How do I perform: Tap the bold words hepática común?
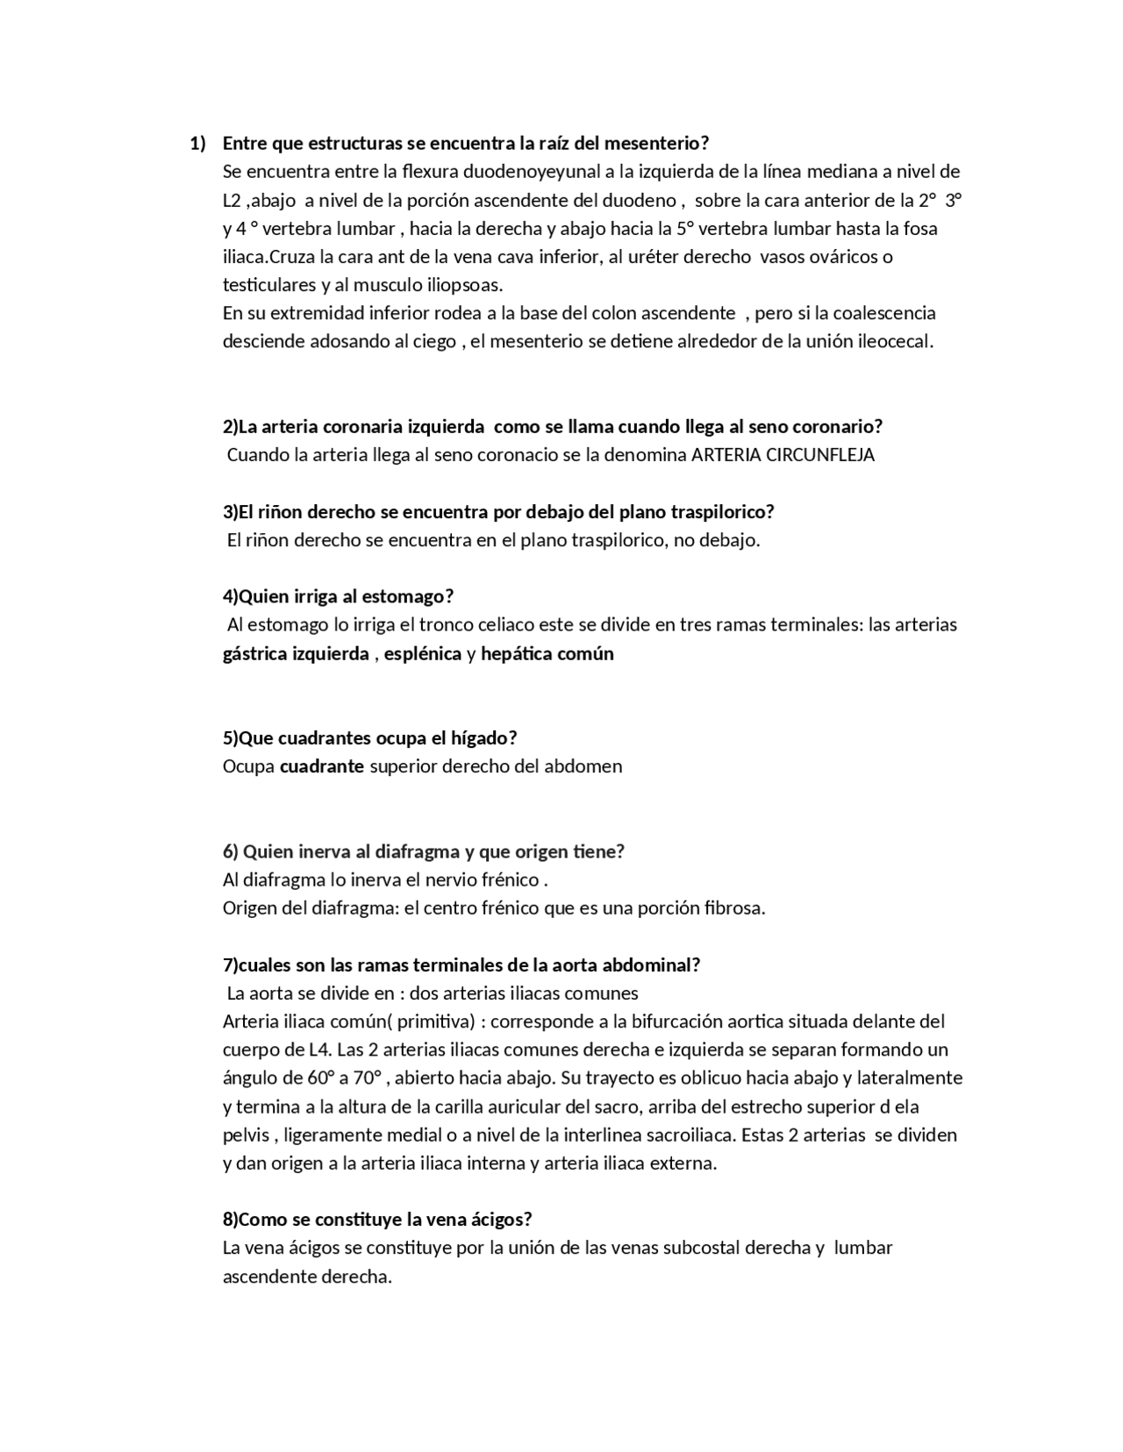click(x=547, y=653)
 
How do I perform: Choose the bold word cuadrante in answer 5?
click(x=322, y=766)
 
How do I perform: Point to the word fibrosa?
click(x=734, y=908)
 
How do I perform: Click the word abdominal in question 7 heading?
click(x=650, y=965)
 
